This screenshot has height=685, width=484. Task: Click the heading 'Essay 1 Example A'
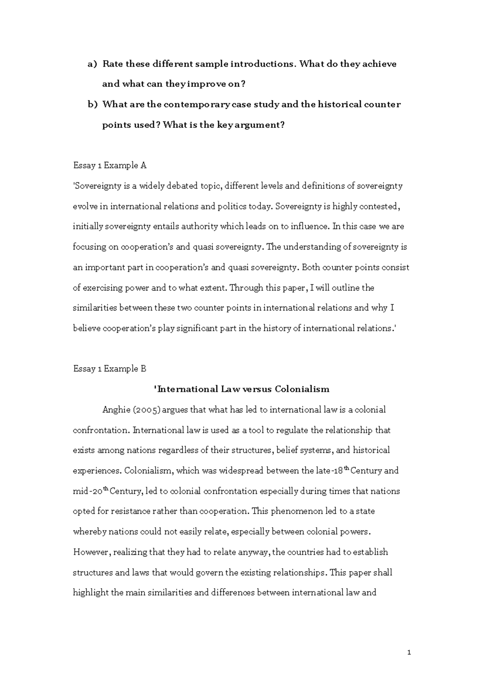point(109,165)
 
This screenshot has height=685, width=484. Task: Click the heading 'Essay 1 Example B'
point(109,369)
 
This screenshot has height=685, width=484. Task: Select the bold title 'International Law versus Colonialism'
point(242,389)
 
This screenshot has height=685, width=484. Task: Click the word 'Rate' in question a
point(113,64)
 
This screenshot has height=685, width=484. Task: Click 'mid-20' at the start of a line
point(88,491)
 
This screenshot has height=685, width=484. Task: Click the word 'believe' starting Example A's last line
point(86,328)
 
